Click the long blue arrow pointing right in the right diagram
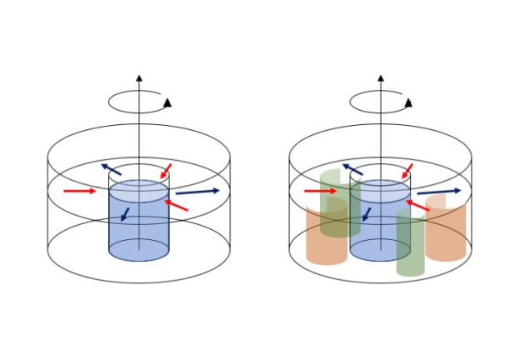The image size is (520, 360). point(438,192)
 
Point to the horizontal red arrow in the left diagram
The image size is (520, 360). point(80,191)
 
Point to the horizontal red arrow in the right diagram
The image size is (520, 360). point(320,191)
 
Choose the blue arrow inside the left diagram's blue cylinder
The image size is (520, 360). point(125,214)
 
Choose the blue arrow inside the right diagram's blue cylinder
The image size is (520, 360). point(365,214)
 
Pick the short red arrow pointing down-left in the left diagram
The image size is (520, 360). point(166,171)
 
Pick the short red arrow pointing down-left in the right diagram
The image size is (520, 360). point(407,172)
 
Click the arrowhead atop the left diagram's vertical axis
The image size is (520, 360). point(138,78)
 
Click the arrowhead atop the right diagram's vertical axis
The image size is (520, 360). point(379,78)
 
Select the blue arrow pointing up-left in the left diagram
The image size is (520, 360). point(111,169)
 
